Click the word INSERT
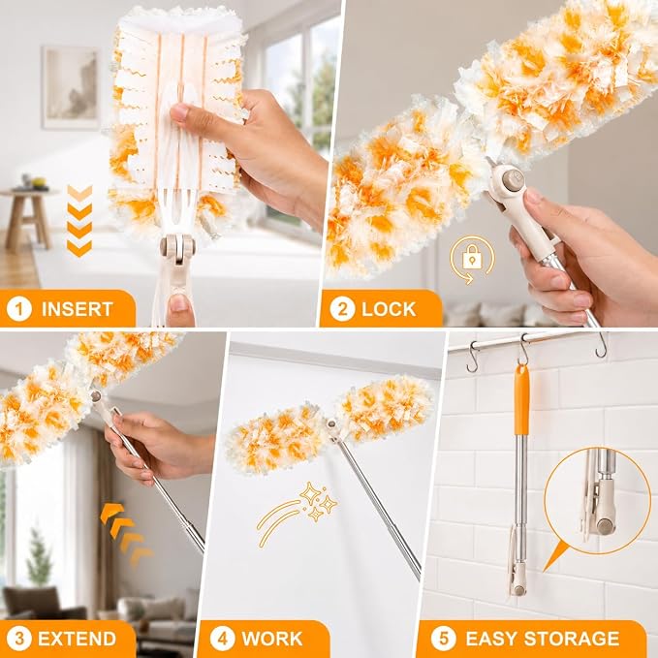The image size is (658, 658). [x=78, y=309]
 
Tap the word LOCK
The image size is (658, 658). [x=389, y=309]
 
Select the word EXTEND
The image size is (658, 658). [x=77, y=639]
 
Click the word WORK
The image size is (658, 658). [x=272, y=639]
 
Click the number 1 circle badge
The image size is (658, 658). [x=19, y=309]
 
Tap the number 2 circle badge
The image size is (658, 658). [x=342, y=309]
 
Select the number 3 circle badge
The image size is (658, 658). [x=19, y=639]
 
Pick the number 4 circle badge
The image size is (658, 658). [x=223, y=639]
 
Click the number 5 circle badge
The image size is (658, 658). [x=443, y=639]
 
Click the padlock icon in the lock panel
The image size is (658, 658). [x=473, y=257]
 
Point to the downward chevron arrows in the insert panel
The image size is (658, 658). [x=79, y=221]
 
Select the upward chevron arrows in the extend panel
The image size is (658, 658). [x=126, y=533]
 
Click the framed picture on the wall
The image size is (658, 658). [x=72, y=87]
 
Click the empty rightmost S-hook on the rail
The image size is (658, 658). [x=602, y=345]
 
